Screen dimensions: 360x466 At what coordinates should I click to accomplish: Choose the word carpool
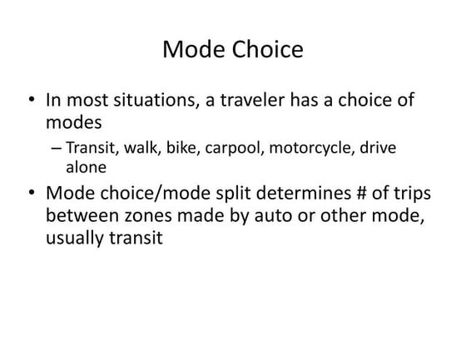pos(231,150)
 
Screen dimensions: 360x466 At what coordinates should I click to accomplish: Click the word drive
pos(376,149)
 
